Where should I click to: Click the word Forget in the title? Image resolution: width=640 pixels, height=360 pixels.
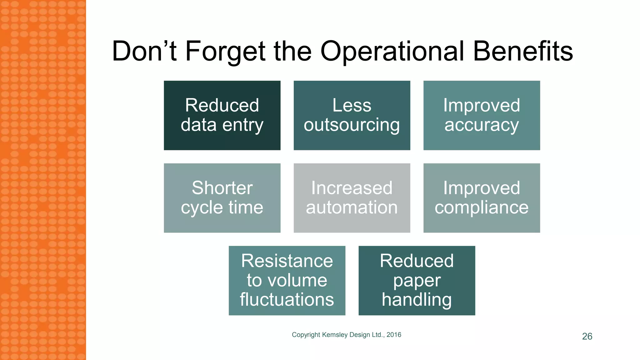225,52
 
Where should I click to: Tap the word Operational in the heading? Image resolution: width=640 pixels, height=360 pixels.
392,52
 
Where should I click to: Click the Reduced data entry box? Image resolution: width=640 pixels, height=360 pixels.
222,115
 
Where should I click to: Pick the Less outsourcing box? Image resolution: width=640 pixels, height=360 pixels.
352,115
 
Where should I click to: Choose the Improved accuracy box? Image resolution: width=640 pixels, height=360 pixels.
482,115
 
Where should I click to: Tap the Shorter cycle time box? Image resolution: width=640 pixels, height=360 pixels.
222,198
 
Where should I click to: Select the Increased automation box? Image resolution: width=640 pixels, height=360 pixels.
352,198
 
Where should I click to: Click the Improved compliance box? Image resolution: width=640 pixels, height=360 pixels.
482,198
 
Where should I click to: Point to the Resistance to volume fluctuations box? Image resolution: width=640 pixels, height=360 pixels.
287,280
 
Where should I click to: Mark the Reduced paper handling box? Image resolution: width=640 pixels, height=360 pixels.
417,280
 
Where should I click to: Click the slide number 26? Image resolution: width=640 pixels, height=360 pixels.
587,336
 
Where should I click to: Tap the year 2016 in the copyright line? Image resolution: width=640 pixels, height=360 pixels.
394,335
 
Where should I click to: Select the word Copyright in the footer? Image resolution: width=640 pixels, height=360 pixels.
306,335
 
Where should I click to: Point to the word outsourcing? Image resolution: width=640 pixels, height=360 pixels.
352,125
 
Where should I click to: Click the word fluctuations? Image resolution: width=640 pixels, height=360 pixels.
287,300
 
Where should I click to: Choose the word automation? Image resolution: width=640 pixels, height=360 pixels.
352,207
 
